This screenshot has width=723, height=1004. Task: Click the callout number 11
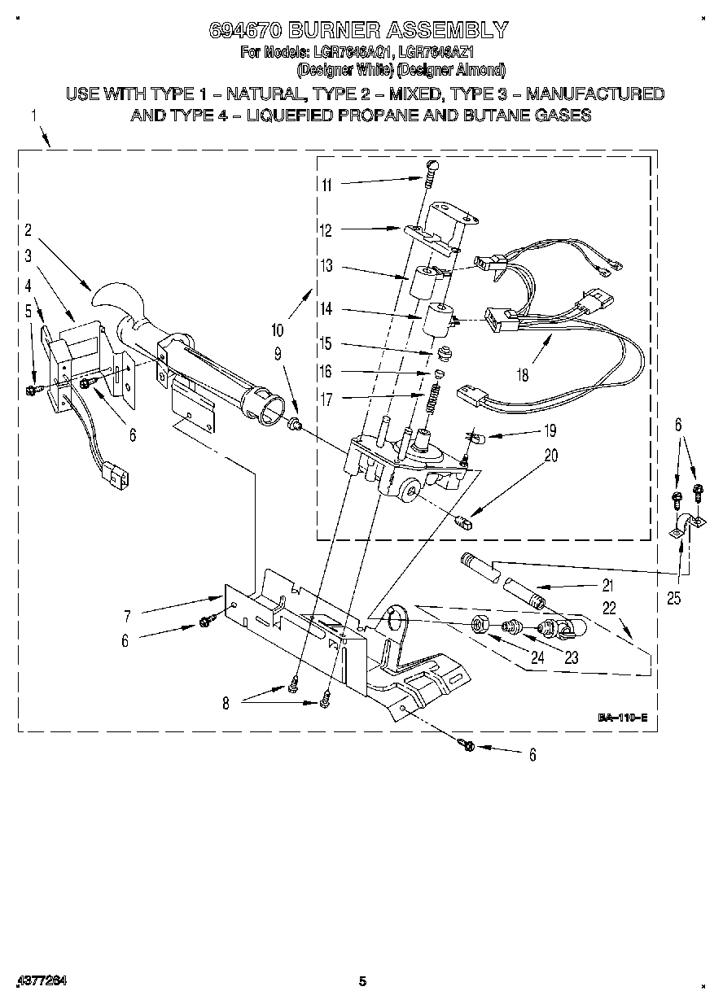326,185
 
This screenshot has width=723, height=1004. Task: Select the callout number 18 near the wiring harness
522,375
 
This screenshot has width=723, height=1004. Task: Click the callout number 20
551,456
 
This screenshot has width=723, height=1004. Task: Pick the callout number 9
278,354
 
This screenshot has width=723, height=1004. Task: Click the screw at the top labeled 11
431,170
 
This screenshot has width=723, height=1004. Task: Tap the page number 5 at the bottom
363,982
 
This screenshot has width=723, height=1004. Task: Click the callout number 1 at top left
34,116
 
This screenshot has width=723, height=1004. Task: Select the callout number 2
28,229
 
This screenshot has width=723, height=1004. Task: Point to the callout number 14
326,309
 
